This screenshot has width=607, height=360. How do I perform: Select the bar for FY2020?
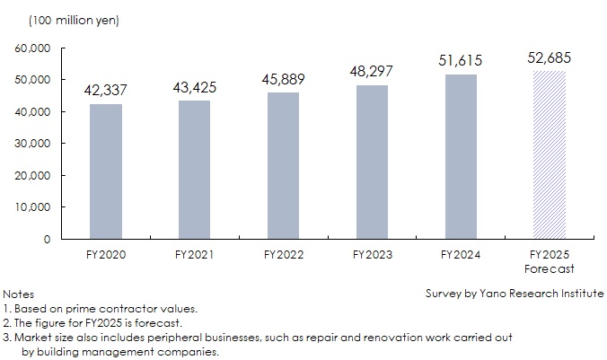106,171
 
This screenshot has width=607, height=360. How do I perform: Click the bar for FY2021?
194,170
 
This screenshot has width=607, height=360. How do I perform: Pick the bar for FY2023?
372,162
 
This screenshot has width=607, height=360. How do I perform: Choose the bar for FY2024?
461,157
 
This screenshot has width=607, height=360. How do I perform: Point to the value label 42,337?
106,90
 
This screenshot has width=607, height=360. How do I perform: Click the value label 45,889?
283,79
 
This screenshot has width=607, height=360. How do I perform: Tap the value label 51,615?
461,60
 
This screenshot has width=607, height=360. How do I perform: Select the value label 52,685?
550,57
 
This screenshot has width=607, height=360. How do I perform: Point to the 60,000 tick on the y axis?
33,48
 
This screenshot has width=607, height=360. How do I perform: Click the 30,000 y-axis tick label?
33,144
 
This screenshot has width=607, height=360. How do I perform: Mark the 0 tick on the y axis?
46,240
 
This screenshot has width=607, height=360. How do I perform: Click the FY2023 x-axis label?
372,255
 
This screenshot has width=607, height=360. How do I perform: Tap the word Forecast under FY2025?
550,268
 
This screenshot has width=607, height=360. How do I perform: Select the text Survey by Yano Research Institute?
515,294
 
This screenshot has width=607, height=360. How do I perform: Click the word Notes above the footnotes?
18,294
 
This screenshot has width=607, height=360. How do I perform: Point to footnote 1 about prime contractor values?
101,308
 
